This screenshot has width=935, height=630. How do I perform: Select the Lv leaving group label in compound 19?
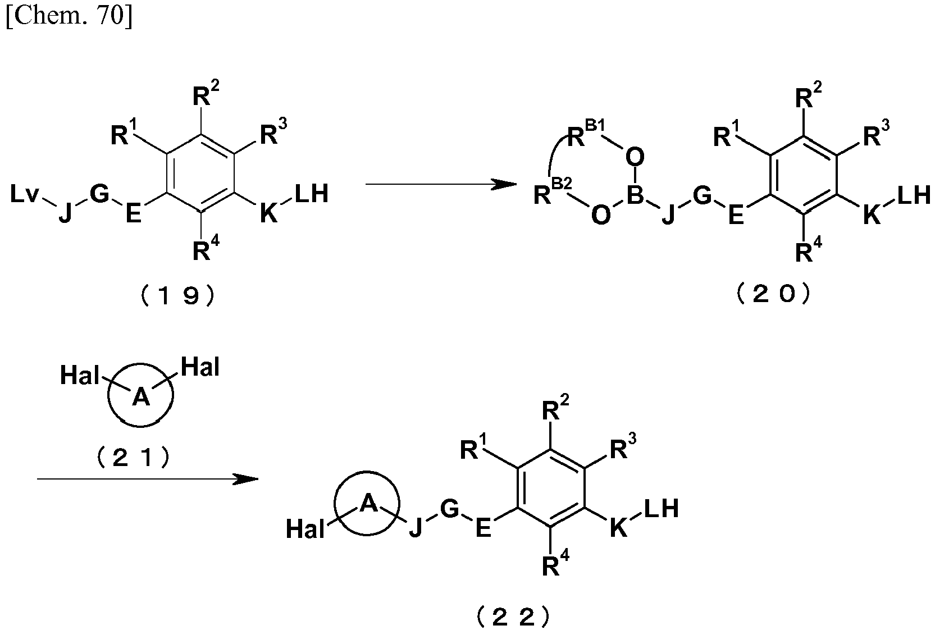pyautogui.click(x=25, y=194)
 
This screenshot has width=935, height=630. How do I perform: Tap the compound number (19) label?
pyautogui.click(x=178, y=295)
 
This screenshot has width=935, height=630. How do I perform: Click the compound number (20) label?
pyautogui.click(x=773, y=294)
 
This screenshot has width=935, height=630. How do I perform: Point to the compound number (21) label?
pyautogui.click(x=133, y=458)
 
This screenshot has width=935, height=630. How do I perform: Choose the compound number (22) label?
pyautogui.click(x=513, y=616)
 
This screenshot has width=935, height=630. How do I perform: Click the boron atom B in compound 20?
pyautogui.click(x=635, y=194)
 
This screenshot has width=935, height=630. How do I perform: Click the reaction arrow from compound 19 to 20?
pyautogui.click(x=441, y=184)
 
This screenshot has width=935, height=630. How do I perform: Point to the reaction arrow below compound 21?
pyautogui.click(x=148, y=479)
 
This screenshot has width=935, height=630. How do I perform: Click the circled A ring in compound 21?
pyautogui.click(x=140, y=426)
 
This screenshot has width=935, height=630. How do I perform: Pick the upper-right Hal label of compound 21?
pyautogui.click(x=200, y=367)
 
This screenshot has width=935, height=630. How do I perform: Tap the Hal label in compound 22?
pyautogui.click(x=305, y=529)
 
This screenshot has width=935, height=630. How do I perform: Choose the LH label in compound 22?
pyautogui.click(x=662, y=509)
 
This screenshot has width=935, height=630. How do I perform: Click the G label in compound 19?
pyautogui.click(x=99, y=194)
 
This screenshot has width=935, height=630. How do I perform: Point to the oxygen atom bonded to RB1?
pyautogui.click(x=635, y=157)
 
